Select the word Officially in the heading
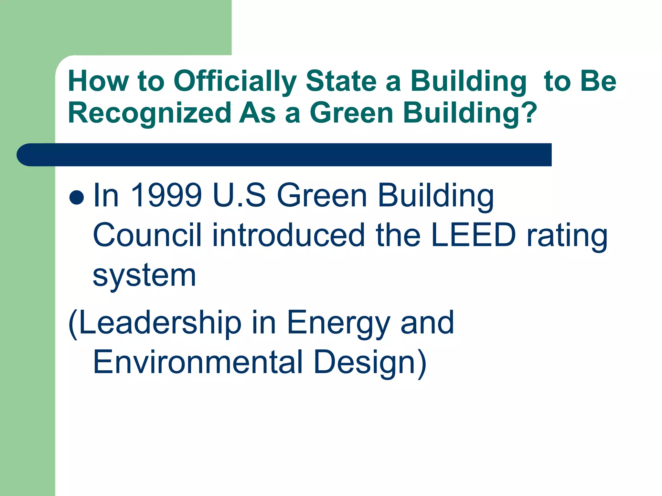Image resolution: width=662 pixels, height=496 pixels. click(235, 82)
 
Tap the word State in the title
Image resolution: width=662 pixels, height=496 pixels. click(341, 81)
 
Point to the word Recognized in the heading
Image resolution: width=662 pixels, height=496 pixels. click(149, 113)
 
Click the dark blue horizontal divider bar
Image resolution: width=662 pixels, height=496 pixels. click(284, 155)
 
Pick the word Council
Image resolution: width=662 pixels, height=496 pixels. click(147, 235)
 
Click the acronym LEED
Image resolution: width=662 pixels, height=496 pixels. click(473, 235)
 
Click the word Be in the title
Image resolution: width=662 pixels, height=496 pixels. click(598, 81)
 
